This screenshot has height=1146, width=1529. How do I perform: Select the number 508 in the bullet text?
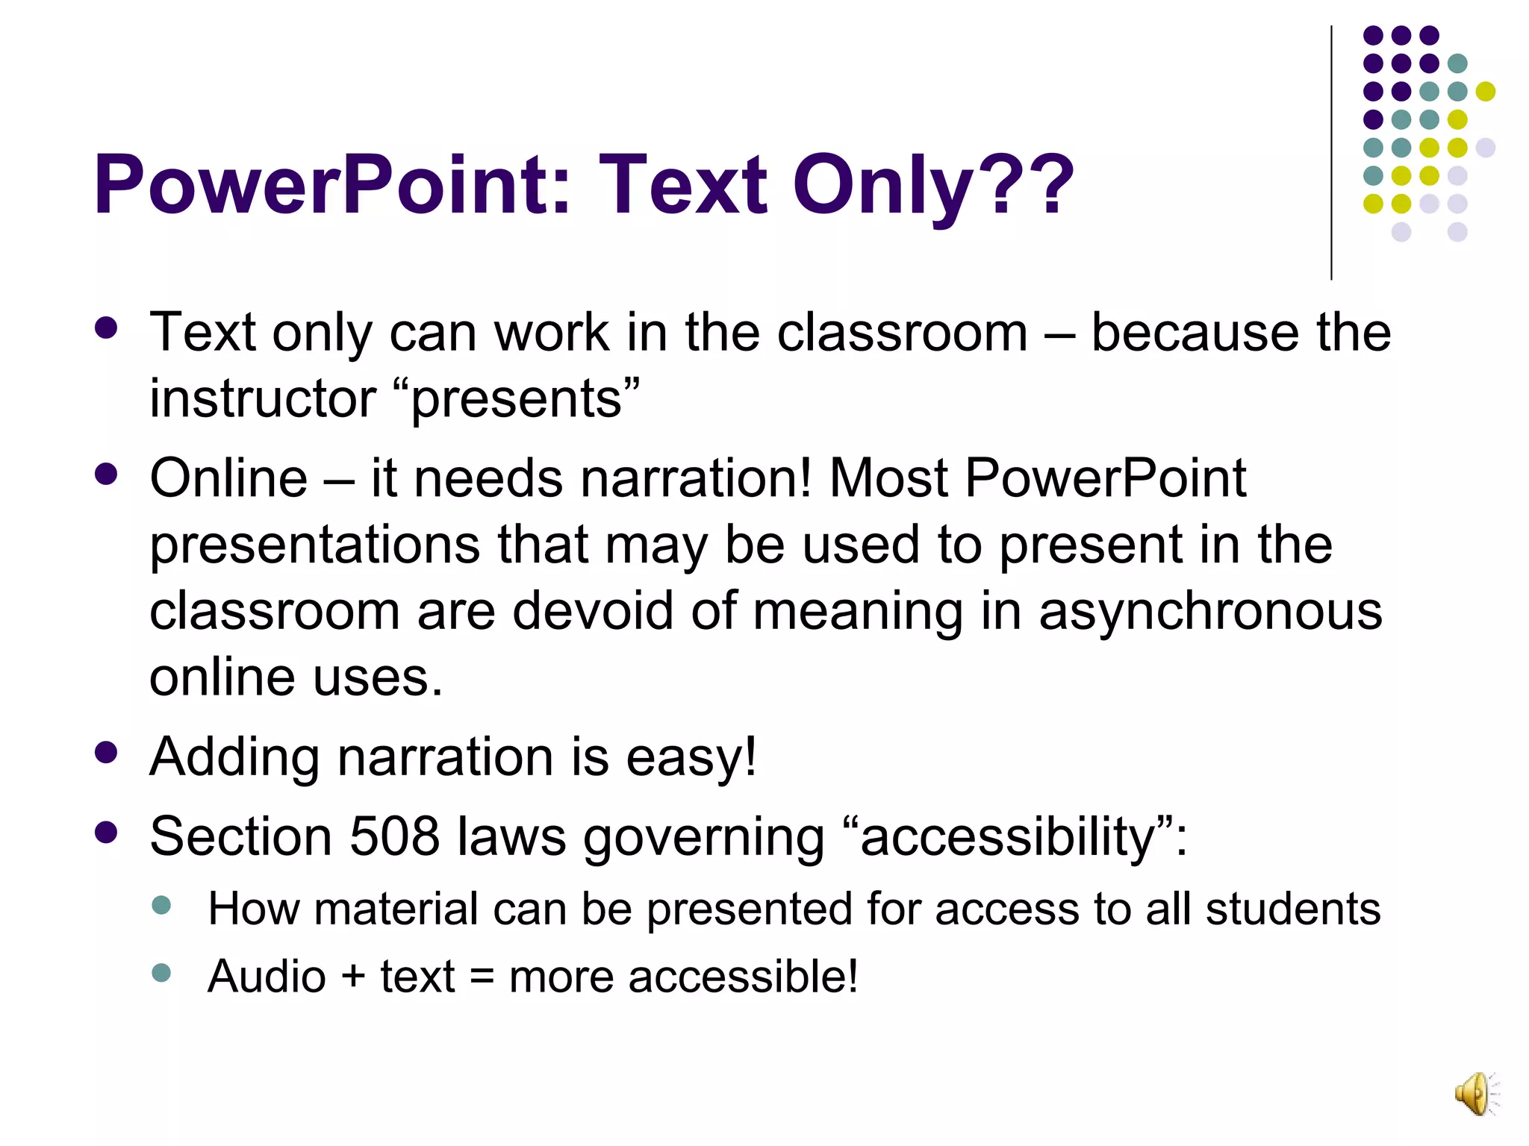pyautogui.click(x=393, y=836)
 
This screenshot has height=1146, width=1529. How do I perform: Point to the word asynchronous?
pyautogui.click(x=1210, y=611)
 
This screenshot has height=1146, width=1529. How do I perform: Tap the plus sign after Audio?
pyautogui.click(x=353, y=977)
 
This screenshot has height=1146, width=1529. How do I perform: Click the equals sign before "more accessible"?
pyautogui.click(x=482, y=977)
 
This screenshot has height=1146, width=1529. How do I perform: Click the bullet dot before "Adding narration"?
pyautogui.click(x=107, y=752)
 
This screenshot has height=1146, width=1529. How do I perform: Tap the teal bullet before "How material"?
pyautogui.click(x=161, y=906)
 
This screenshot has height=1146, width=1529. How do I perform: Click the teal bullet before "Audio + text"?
pyautogui.click(x=161, y=973)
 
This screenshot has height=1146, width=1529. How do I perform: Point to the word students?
pyautogui.click(x=1293, y=909)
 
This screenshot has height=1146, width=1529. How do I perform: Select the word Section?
pyautogui.click(x=240, y=836)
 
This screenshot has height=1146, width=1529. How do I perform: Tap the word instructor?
pyautogui.click(x=263, y=398)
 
